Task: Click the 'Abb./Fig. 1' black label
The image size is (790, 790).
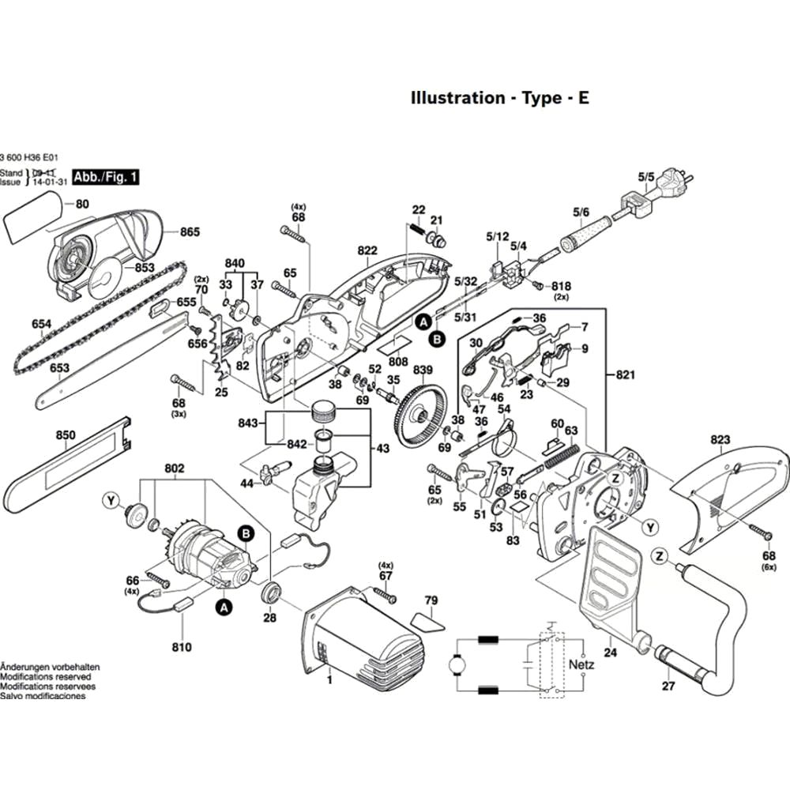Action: (x=105, y=177)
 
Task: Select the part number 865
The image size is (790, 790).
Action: (x=190, y=232)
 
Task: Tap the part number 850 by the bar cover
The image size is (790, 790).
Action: (x=66, y=435)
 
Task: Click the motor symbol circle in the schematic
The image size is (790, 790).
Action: (x=457, y=666)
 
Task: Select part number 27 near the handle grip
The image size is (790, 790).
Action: (x=669, y=686)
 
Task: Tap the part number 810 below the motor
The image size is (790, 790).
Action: (x=182, y=648)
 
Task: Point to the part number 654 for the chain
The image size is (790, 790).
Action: (x=41, y=325)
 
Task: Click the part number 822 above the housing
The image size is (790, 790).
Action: (x=367, y=250)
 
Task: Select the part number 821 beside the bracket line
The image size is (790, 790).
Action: (x=625, y=374)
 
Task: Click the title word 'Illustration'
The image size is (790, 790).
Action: (x=457, y=98)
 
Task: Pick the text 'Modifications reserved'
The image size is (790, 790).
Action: (x=45, y=677)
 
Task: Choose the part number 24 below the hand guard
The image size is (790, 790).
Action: (x=610, y=653)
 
